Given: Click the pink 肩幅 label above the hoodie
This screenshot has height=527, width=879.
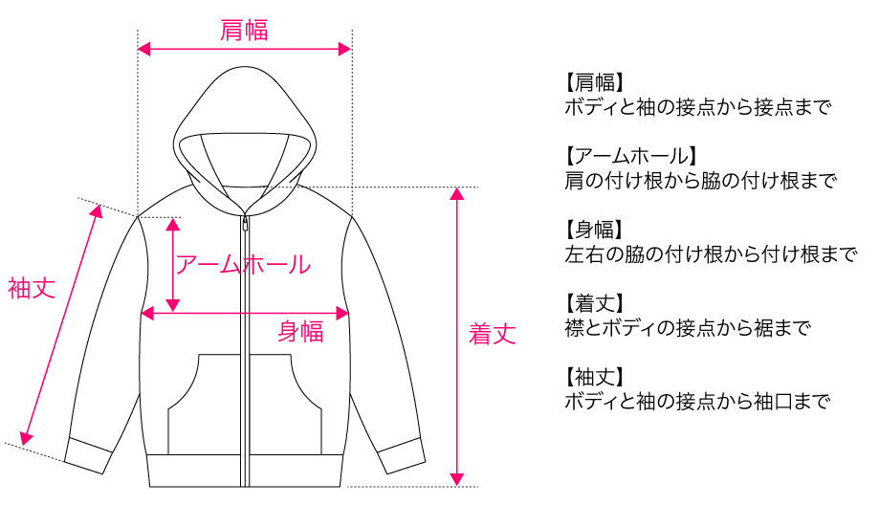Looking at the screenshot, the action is [x=244, y=31].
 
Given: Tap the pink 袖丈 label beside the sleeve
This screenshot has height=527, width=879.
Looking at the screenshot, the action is [x=32, y=288].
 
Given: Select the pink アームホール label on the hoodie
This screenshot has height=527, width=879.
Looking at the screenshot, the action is [x=243, y=264].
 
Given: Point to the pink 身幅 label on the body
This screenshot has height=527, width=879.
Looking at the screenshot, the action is [x=300, y=332].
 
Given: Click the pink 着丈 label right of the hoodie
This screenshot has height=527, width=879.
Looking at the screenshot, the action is [x=493, y=334].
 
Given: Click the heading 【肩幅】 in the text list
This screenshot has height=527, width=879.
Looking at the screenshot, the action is [x=594, y=81].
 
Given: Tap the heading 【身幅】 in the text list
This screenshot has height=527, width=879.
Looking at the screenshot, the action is [x=594, y=230].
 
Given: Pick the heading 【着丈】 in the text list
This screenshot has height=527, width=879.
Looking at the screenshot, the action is [x=594, y=304].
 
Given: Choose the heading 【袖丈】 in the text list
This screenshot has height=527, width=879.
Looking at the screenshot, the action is [x=594, y=378].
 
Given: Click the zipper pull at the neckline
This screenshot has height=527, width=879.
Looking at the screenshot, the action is [x=245, y=222].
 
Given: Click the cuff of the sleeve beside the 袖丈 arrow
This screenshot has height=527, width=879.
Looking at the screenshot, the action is [x=87, y=457].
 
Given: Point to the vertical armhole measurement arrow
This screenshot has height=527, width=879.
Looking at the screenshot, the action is [x=172, y=264].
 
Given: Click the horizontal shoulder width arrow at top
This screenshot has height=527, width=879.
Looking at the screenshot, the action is [x=245, y=49].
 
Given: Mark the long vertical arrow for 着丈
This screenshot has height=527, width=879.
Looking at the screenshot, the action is [x=458, y=335].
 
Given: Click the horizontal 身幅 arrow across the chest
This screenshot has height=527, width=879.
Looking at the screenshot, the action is [x=245, y=313].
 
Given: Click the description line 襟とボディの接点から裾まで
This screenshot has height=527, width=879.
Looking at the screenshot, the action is [x=688, y=328].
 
